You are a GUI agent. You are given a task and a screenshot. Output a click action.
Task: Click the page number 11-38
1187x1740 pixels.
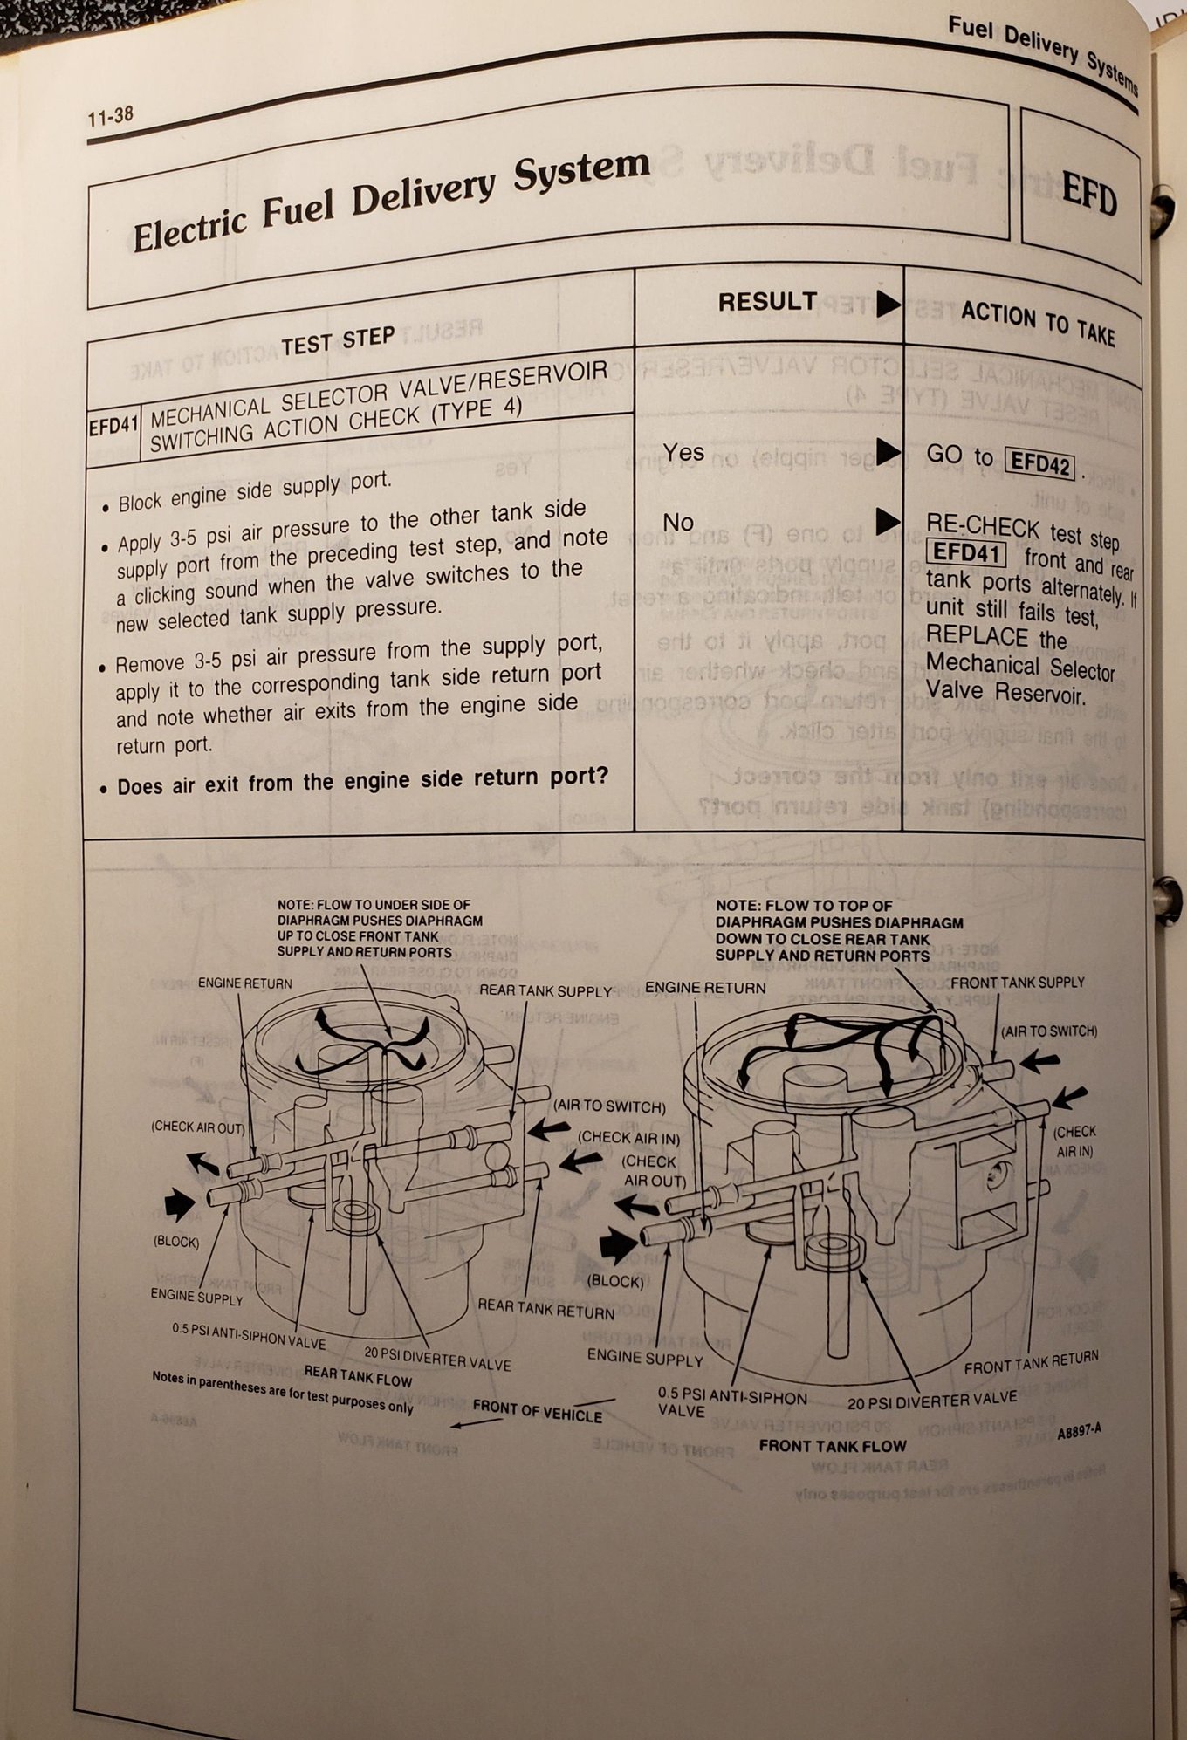point(111,115)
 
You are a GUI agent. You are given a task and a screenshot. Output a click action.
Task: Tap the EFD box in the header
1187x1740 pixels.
point(1088,195)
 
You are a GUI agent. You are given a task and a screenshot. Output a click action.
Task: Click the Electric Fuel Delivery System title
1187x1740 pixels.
point(391,200)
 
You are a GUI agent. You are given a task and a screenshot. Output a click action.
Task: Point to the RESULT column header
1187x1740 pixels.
point(767,302)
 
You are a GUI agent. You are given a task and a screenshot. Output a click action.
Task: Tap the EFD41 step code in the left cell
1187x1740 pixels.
point(113,428)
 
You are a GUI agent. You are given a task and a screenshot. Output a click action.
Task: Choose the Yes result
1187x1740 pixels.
point(683,452)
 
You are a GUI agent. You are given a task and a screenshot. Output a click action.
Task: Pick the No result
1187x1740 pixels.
point(678,522)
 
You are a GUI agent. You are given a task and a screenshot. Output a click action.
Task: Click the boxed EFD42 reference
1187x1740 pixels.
point(1039,462)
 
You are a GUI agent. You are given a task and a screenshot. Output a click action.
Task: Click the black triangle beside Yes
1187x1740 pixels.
point(888,451)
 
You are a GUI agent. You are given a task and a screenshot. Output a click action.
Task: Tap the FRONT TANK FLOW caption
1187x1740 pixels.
point(833,1446)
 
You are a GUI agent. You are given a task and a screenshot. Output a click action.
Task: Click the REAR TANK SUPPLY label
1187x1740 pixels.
point(545,991)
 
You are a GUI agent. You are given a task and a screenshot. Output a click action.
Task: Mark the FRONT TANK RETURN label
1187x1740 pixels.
point(1031,1362)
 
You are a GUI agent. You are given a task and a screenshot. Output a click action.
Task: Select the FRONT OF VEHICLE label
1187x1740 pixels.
point(537,1410)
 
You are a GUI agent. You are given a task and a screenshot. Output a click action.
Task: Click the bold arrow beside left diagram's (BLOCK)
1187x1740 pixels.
point(180,1205)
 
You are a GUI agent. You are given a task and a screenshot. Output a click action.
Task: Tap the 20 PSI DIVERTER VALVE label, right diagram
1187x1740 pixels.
point(932,1401)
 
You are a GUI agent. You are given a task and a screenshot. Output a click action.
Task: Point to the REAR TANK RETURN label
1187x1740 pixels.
point(545,1309)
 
